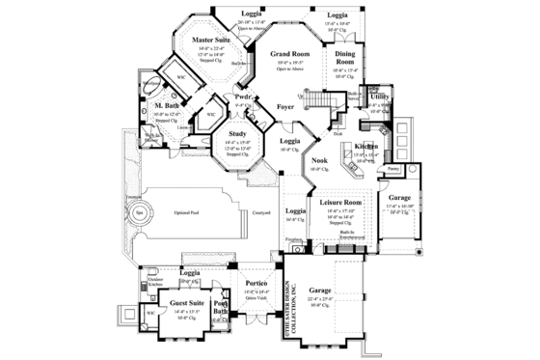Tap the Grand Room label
click(x=288, y=55)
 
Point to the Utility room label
click(x=379, y=97)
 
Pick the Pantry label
click(x=393, y=168)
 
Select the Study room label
click(x=238, y=133)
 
